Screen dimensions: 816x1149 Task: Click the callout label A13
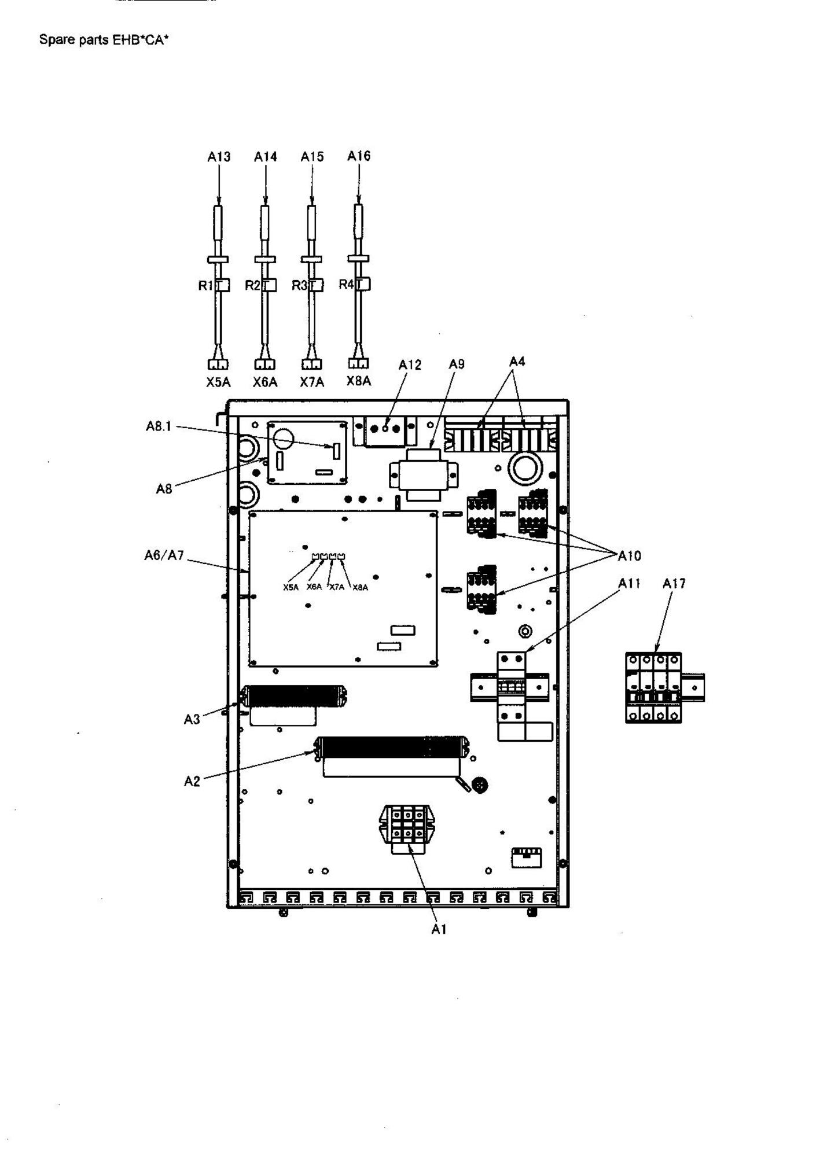click(x=219, y=157)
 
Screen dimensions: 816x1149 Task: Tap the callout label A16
click(x=359, y=156)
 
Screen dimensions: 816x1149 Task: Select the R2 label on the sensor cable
click(x=252, y=285)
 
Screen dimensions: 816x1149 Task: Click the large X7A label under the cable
click(x=312, y=382)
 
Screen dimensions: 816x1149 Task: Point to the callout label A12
click(x=410, y=365)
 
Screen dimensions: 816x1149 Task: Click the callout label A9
click(x=457, y=364)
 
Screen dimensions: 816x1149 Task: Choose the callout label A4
click(x=517, y=362)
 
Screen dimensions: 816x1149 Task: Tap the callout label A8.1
click(x=159, y=426)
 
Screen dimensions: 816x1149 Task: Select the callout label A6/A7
click(x=164, y=555)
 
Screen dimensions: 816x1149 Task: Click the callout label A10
click(x=630, y=556)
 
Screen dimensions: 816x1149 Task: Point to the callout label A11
click(x=629, y=583)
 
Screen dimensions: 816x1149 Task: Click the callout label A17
click(x=674, y=584)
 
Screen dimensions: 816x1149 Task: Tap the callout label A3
click(x=192, y=719)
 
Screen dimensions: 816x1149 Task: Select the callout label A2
click(x=192, y=782)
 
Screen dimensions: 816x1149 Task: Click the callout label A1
click(x=439, y=929)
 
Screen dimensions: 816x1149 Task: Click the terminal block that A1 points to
click(x=405, y=829)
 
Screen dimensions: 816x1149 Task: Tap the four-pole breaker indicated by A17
click(x=653, y=688)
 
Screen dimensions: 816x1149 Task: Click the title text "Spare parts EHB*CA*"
click(x=104, y=40)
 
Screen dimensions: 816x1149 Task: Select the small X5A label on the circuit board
click(x=291, y=587)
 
